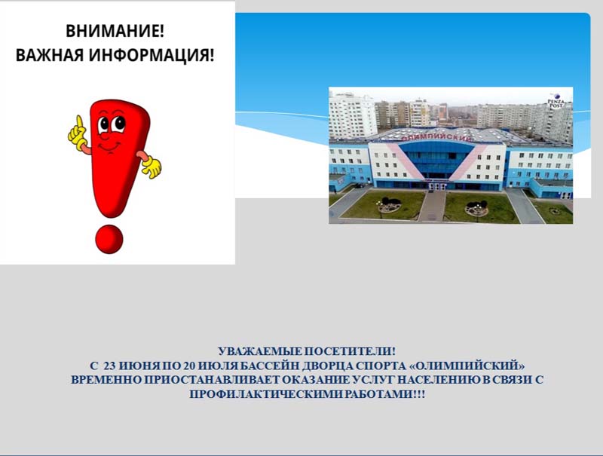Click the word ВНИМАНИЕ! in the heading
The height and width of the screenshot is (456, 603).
pyautogui.click(x=115, y=31)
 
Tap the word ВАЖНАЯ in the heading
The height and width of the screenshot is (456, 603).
pyautogui.click(x=50, y=55)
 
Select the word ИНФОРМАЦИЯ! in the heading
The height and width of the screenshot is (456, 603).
pyautogui.click(x=152, y=55)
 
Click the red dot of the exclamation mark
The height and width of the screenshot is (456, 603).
pyautogui.click(x=109, y=239)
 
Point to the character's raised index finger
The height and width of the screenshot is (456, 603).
pyautogui.click(x=80, y=123)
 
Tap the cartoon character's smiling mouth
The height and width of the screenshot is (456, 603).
pyautogui.click(x=109, y=146)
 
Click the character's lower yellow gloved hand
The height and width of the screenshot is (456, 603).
pyautogui.click(x=152, y=166)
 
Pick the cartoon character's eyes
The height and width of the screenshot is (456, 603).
pyautogui.click(x=111, y=124)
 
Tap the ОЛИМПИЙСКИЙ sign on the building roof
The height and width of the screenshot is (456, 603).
pyautogui.click(x=436, y=137)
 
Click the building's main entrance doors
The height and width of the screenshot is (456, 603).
pyautogui.click(x=436, y=186)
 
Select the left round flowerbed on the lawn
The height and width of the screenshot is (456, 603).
pyautogui.click(x=390, y=207)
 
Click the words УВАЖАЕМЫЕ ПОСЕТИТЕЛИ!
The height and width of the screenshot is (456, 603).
pyautogui.click(x=307, y=351)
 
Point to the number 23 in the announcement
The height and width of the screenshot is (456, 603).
pyautogui.click(x=110, y=366)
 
